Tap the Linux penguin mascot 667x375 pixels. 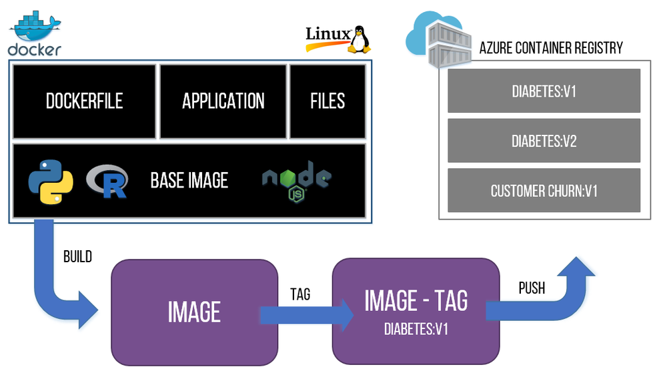(x=360, y=39)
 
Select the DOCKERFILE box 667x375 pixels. (x=84, y=101)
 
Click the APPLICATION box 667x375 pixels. (x=223, y=101)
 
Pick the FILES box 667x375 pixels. (x=327, y=101)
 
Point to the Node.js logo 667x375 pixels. (x=296, y=180)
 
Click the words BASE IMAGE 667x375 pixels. (x=189, y=180)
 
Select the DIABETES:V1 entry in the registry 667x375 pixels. (x=544, y=91)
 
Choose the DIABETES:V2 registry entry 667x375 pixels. (x=544, y=141)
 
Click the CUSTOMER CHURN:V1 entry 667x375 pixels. (x=544, y=191)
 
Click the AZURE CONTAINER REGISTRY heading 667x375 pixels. (x=551, y=48)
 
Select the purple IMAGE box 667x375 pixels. (x=194, y=312)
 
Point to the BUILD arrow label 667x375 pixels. (x=77, y=256)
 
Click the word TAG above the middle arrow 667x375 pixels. (x=300, y=294)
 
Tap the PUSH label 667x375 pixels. (x=532, y=288)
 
